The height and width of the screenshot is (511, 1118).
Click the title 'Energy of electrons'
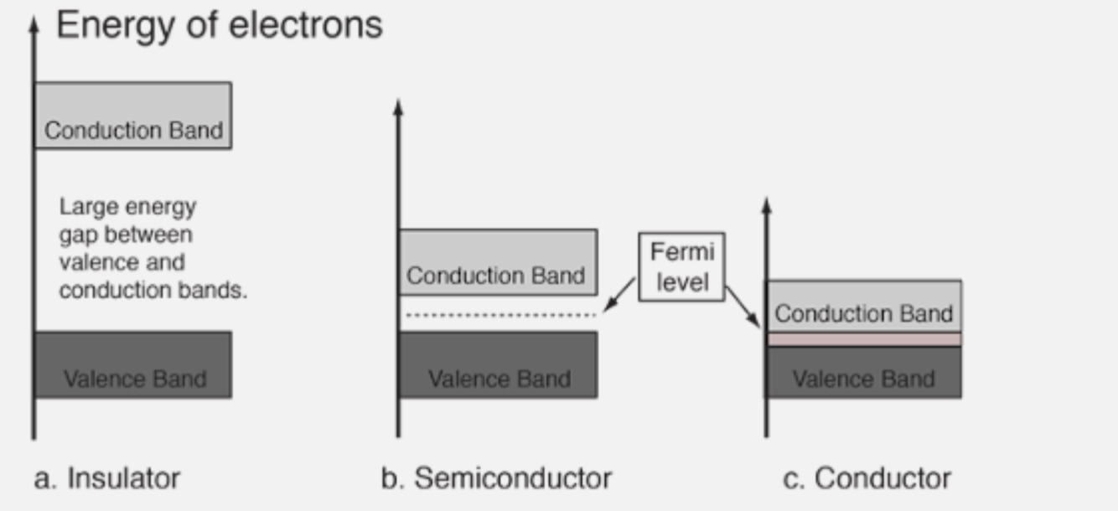(219, 25)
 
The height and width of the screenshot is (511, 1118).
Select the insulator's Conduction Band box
(133, 116)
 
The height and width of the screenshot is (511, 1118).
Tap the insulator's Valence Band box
(133, 364)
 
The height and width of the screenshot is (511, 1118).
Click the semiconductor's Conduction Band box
(498, 261)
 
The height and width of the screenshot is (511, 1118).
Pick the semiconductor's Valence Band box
(498, 364)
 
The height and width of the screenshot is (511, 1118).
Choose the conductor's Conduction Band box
(863, 306)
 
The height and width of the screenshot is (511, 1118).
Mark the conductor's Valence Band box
(863, 373)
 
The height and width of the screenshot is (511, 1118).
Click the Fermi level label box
(681, 266)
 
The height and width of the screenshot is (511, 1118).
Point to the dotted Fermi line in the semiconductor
(499, 315)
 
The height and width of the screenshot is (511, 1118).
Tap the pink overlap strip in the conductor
(863, 339)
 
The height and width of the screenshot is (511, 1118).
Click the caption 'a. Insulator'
(106, 478)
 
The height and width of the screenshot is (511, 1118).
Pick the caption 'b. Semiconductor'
(496, 478)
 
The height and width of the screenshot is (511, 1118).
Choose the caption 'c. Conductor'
(867, 478)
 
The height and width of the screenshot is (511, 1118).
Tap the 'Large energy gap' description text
(153, 248)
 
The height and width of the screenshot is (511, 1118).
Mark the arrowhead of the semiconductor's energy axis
(398, 106)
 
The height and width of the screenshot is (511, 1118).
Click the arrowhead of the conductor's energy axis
(766, 204)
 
